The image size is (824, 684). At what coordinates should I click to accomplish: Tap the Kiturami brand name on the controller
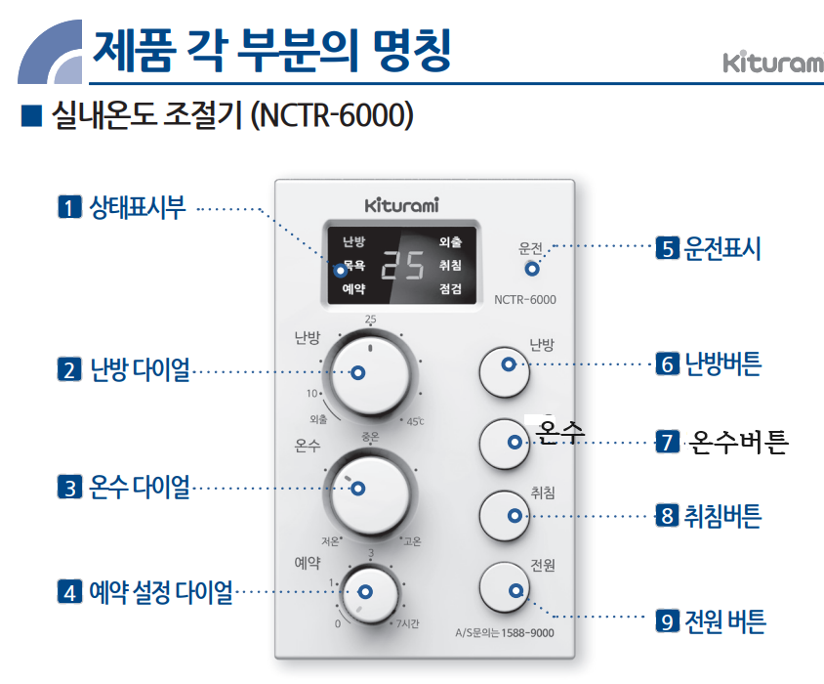click(x=401, y=206)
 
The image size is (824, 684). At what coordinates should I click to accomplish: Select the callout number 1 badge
click(x=69, y=207)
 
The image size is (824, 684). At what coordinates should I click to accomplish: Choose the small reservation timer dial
click(x=367, y=591)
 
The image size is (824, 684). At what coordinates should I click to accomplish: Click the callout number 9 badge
click(x=668, y=620)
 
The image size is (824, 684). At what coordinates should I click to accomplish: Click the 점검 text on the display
click(x=450, y=289)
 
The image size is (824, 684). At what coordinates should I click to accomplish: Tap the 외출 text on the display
click(x=450, y=241)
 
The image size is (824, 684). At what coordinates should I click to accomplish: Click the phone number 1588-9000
click(x=526, y=633)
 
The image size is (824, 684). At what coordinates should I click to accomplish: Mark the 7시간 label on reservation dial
click(x=405, y=623)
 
